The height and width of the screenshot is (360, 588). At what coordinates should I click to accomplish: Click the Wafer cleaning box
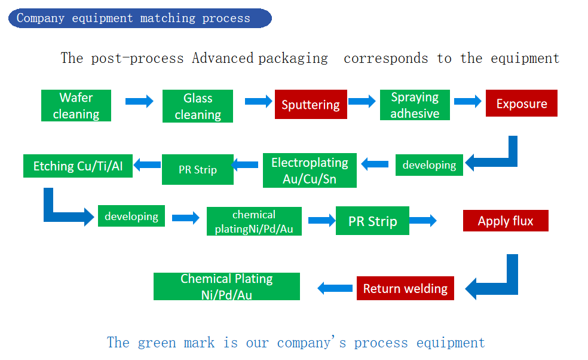coord(76,105)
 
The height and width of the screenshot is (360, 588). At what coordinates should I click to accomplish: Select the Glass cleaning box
coord(198,106)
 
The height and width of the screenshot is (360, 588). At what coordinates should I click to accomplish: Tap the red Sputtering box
coord(310,105)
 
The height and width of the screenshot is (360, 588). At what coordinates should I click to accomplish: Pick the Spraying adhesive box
coord(415,105)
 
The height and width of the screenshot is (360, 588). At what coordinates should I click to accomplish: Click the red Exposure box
coord(521,103)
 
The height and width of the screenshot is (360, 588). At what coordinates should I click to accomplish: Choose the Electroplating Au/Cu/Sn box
coord(310,170)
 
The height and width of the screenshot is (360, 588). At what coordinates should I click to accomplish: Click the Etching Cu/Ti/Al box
coord(78,166)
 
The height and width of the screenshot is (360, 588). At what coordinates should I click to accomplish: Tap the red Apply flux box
coord(506,221)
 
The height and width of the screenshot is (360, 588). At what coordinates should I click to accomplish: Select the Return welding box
coord(405,288)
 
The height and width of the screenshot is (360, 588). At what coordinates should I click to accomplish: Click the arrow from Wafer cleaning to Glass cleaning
coord(139,101)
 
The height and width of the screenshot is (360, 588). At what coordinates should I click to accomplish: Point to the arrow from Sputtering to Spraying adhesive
coord(362,101)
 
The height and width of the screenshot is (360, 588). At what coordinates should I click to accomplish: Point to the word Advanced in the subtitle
coord(222,58)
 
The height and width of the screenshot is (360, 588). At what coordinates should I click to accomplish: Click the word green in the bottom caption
coord(157,343)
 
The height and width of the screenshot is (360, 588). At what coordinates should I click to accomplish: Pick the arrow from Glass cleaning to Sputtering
coord(259,101)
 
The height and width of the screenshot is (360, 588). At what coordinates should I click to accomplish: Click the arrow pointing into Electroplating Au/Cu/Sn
coord(375,164)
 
